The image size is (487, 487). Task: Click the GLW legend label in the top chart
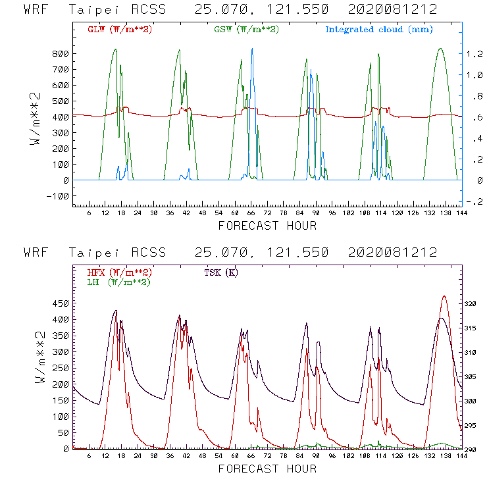[120, 30]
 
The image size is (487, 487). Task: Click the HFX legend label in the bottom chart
[120, 272]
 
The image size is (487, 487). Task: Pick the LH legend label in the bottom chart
[118, 282]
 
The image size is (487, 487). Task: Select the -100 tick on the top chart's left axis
[59, 196]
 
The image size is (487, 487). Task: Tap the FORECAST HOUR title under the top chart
[267, 226]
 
